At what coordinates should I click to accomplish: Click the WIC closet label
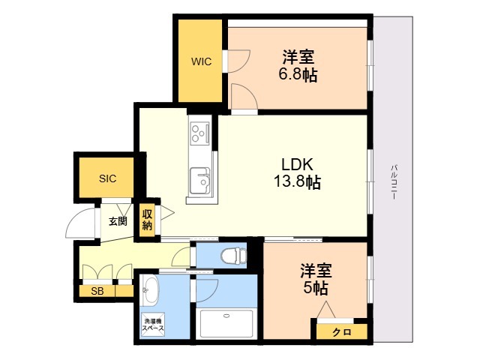pos(201,61)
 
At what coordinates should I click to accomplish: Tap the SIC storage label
pos(107,178)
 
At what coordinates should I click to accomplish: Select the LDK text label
pos(297,165)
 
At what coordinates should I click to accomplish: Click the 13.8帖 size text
pos(297,181)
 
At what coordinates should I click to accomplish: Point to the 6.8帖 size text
pos(298,74)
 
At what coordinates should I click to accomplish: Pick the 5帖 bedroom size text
pos(316,288)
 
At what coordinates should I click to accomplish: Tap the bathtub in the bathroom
pos(226,323)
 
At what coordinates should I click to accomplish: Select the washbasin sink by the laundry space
pos(150,291)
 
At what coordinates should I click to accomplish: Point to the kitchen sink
pos(199,181)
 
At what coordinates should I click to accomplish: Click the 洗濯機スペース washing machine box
pos(153,325)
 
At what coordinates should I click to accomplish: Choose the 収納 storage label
pos(147,220)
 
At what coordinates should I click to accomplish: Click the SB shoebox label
pos(97,291)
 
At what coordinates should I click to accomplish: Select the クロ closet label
pos(342,331)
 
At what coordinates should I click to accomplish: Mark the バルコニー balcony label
pos(394,182)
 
